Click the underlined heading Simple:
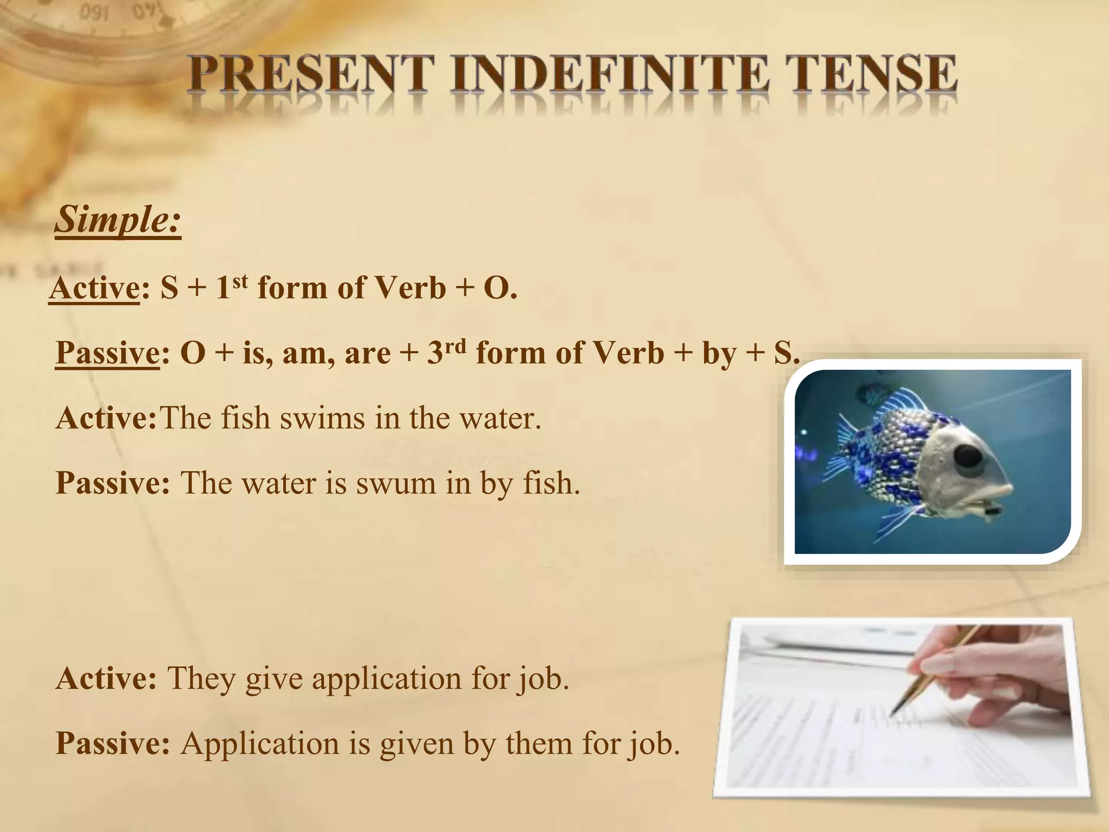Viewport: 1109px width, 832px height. [118, 219]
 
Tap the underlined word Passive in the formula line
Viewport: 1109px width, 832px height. [107, 353]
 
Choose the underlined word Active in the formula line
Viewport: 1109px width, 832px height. [95, 288]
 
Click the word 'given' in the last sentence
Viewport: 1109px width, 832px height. [416, 744]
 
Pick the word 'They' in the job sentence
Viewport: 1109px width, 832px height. [201, 678]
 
